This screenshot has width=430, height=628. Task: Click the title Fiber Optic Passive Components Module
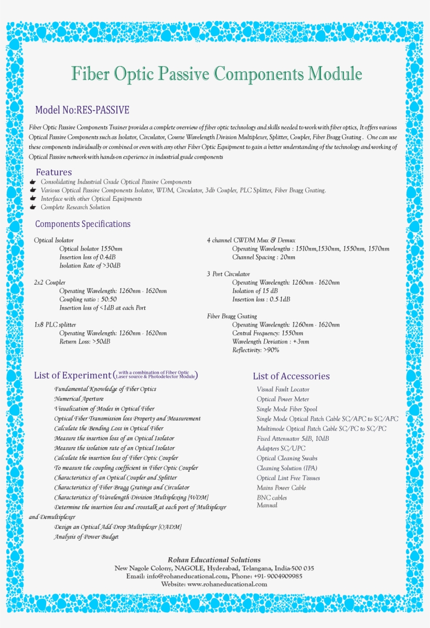pos(216,74)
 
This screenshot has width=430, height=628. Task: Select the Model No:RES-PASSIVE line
pos(82,110)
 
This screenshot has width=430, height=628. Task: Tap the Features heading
pos(53,172)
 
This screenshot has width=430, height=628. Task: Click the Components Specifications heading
pos(83,224)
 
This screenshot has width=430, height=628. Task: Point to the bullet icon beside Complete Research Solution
pos(33,207)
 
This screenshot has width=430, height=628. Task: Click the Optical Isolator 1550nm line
pos(91,248)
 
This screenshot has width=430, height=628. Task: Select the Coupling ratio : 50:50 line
pos(88,299)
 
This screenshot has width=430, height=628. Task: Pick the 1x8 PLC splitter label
pos(55,324)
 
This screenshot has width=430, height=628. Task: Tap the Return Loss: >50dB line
pos(84,341)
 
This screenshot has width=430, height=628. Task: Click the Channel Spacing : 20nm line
pos(264,257)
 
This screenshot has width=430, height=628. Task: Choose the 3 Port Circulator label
pos(228,274)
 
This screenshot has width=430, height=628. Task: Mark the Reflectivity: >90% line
pos(256,350)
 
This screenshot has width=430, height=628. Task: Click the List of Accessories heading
pos(291,376)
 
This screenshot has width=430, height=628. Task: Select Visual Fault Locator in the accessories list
pos(283,389)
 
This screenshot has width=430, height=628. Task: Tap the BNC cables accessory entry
pos(272,497)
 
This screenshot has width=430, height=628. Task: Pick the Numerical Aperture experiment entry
pos(79,399)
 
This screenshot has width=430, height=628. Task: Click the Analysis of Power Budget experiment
pos(86,537)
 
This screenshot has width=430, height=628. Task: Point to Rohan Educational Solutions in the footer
pos(214,560)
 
